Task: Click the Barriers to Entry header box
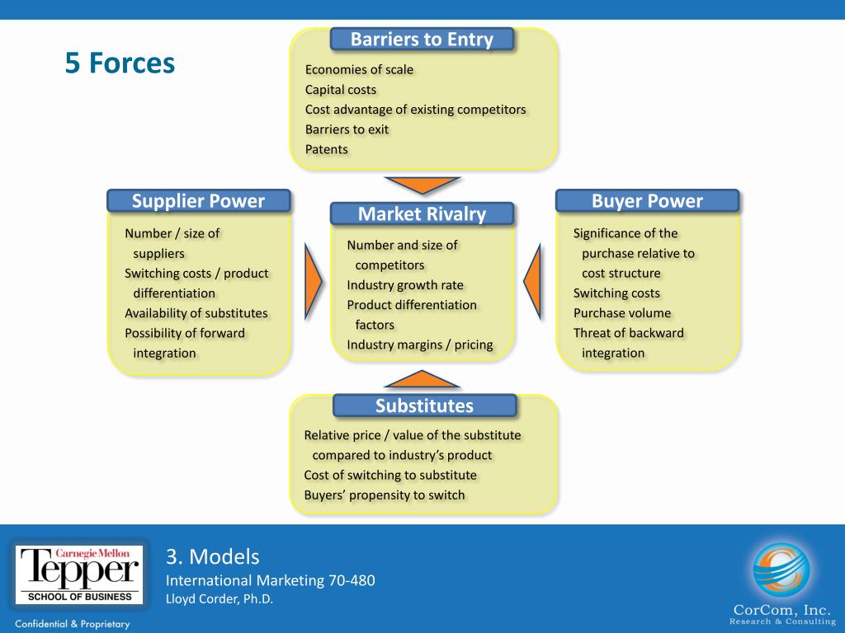coord(422,40)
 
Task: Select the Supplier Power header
coord(198,201)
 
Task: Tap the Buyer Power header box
coord(647,201)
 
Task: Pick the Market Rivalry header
coord(422,214)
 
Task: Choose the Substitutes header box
coord(424,406)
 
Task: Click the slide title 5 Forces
coord(120,63)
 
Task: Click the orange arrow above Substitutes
coord(422,379)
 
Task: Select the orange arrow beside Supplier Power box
coord(313,281)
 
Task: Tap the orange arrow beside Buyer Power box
coord(532,281)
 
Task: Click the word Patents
coord(327,149)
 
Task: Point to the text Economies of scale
coord(359,69)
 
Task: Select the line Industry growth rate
coord(405,285)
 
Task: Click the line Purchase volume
coord(622,313)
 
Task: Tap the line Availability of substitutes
coord(196,313)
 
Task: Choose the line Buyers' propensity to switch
coord(385,495)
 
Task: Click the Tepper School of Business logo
coord(78,574)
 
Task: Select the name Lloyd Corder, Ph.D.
coord(220,599)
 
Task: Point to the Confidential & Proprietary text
coord(73,624)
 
